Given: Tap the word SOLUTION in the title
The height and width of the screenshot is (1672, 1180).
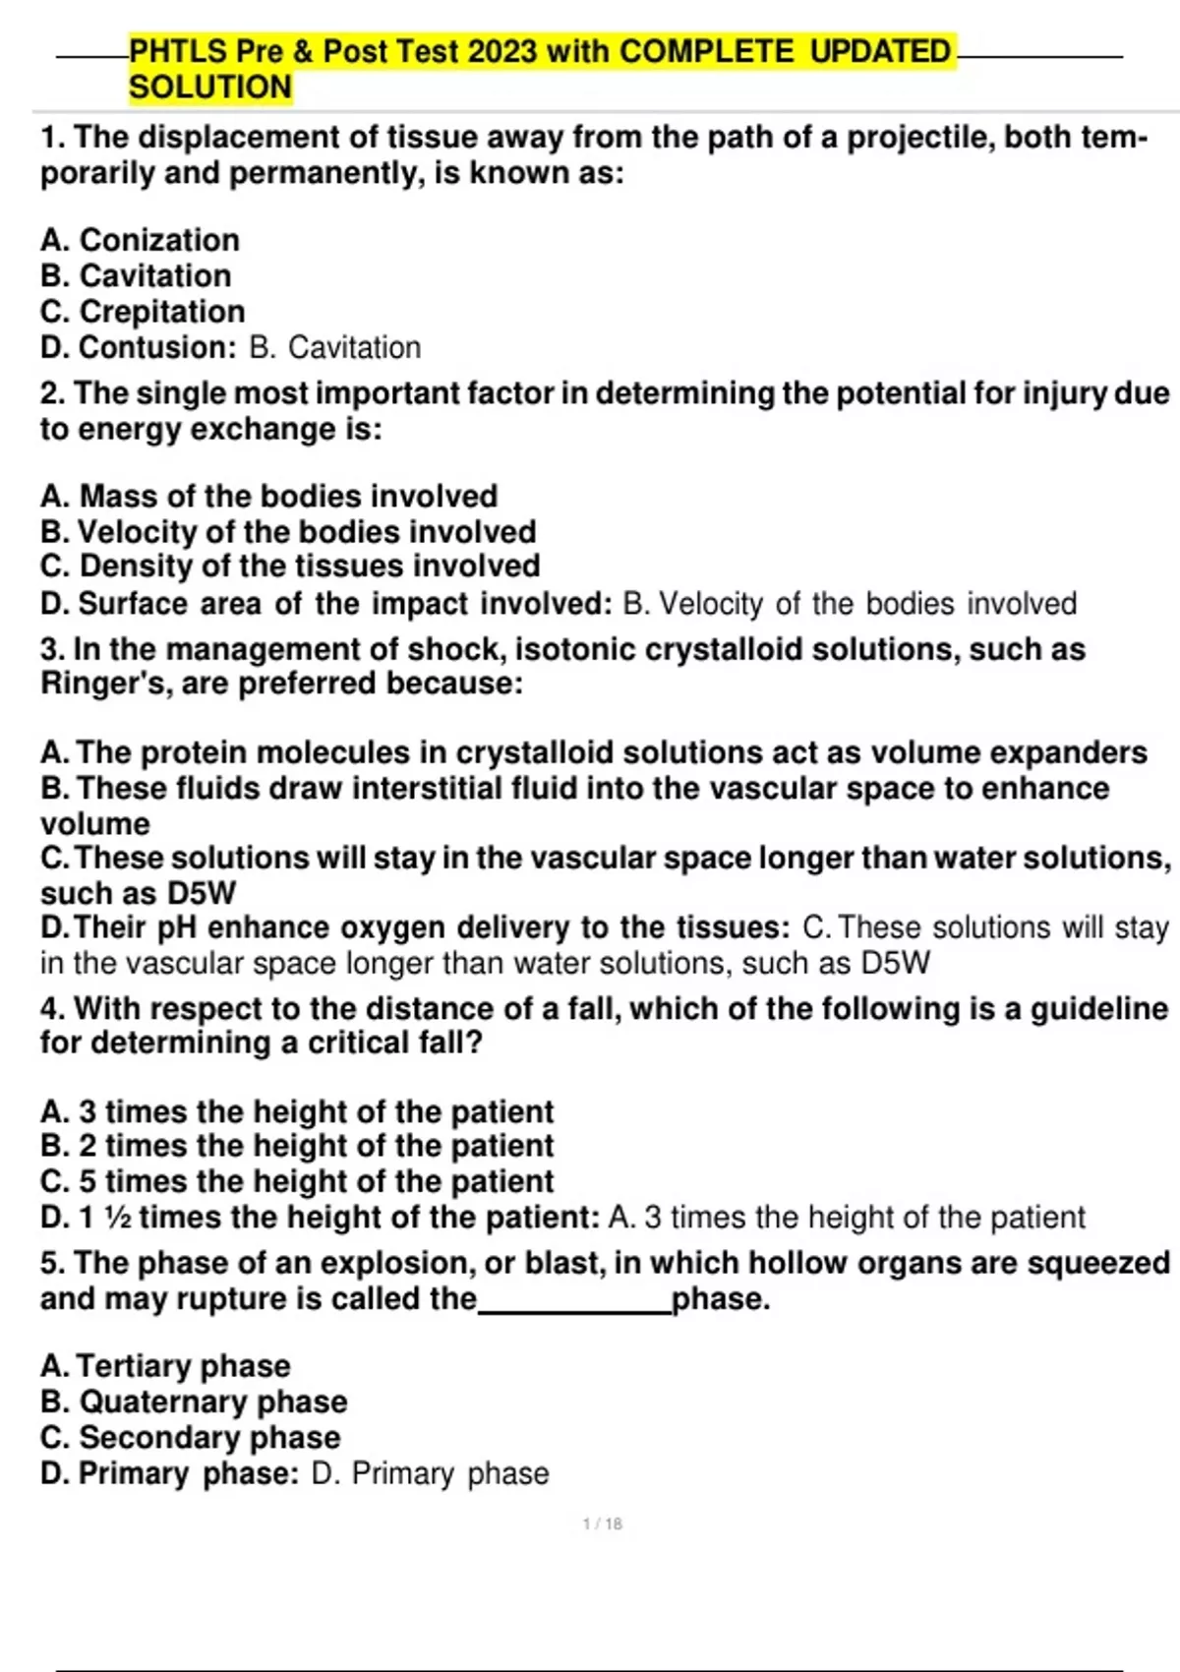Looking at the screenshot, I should pyautogui.click(x=210, y=88).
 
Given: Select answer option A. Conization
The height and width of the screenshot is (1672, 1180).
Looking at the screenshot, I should pyautogui.click(x=140, y=240).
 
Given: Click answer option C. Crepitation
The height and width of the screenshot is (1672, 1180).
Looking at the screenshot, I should pyautogui.click(x=143, y=312).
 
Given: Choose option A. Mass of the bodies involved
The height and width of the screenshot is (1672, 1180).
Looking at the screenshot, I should pyautogui.click(x=268, y=496).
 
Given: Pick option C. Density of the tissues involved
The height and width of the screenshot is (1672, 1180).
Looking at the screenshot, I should pyautogui.click(x=290, y=567).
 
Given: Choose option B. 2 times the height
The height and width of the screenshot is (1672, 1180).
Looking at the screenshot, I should pyautogui.click(x=297, y=1146).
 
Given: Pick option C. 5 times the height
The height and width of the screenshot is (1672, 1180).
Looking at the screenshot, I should pyautogui.click(x=297, y=1181).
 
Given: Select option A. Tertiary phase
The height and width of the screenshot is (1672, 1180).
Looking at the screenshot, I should pyautogui.click(x=165, y=1366).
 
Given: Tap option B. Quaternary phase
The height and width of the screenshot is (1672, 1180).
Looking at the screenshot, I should pyautogui.click(x=194, y=1402).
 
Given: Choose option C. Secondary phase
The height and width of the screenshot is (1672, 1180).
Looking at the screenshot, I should pyautogui.click(x=190, y=1438).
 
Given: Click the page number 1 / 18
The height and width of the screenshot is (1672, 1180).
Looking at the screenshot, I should pyautogui.click(x=602, y=1524).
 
